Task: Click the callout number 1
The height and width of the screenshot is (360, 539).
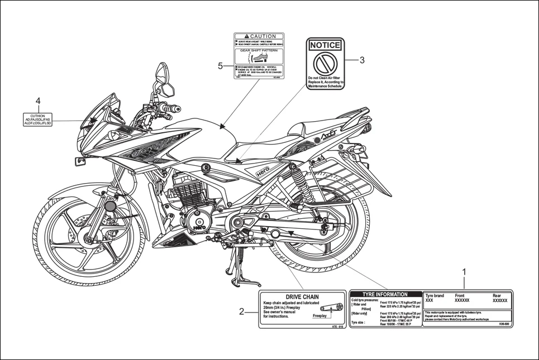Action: coord(463,272)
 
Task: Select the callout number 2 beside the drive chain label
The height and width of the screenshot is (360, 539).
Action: coord(241,311)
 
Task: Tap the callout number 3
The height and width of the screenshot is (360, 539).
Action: coord(361,60)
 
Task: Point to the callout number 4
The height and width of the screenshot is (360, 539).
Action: coord(38,100)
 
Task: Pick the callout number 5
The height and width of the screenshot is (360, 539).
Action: coord(220,65)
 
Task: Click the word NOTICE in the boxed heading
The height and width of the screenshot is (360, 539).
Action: coord(325,45)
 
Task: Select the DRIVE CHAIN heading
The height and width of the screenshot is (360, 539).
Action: coord(302,297)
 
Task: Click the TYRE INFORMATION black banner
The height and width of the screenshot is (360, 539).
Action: coord(385,294)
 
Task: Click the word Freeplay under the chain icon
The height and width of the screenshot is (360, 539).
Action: coord(320,315)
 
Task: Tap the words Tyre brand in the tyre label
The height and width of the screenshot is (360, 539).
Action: coord(435,296)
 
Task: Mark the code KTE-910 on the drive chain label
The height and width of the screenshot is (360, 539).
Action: coord(337,325)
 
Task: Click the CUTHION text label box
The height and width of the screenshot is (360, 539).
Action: coord(38,119)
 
